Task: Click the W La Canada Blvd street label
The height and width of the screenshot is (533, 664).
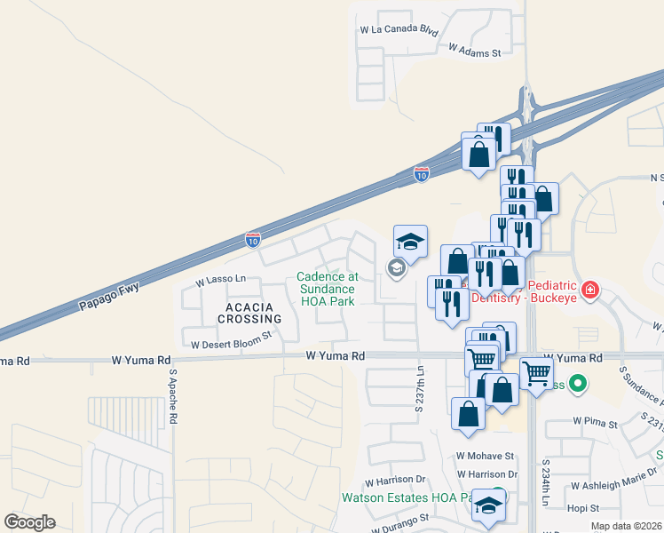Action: [x=399, y=29]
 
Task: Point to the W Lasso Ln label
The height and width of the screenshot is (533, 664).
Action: [x=220, y=280]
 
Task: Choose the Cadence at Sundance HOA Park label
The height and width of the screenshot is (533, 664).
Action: [x=327, y=289]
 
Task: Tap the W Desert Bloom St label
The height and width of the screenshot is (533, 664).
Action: [x=231, y=340]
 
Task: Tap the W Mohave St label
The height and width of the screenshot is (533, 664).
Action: [x=486, y=456]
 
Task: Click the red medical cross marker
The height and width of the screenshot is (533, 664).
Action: [x=589, y=290]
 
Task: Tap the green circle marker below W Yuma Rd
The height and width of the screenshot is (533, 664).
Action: [x=578, y=385]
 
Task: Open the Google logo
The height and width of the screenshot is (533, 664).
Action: [x=29, y=522]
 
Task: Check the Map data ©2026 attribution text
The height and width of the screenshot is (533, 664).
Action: [x=626, y=526]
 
